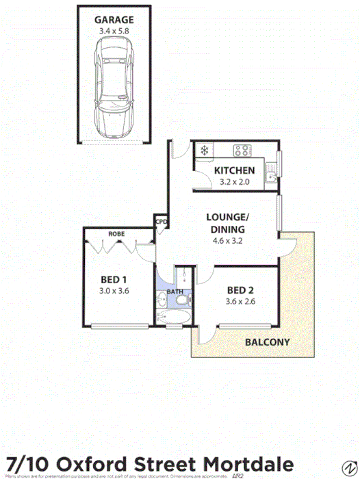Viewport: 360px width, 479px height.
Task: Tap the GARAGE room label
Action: coord(114,20)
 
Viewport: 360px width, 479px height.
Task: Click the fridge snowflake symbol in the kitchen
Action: coord(203,151)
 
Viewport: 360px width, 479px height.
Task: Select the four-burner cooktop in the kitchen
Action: coord(242,151)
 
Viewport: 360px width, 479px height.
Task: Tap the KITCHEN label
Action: coord(234,170)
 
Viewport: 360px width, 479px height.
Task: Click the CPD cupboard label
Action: coord(162,222)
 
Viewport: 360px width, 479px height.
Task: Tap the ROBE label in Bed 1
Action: coord(115,234)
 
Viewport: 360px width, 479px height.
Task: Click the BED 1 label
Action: coord(114,279)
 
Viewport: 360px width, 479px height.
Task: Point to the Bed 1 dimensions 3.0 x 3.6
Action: coord(114,290)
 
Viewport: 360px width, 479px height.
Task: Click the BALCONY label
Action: coord(267,341)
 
